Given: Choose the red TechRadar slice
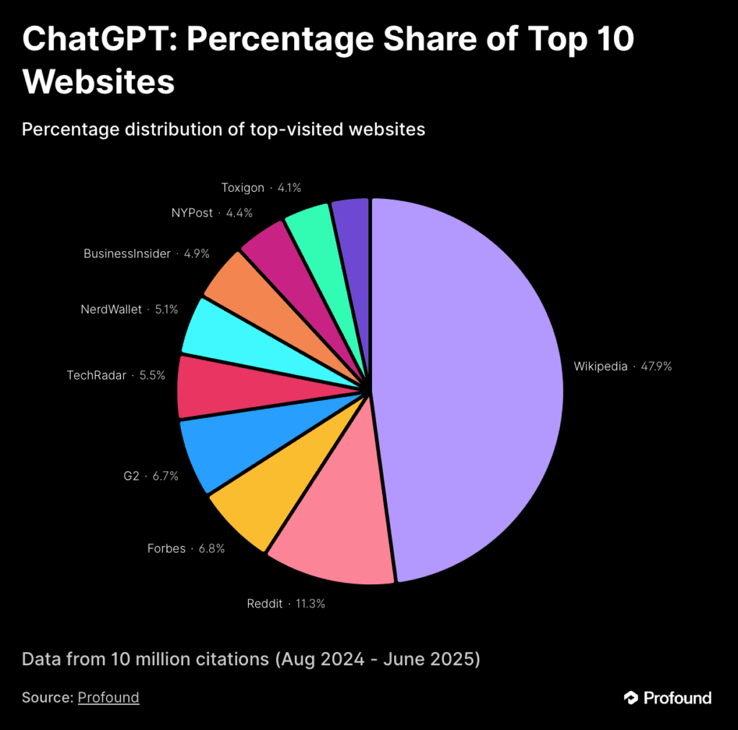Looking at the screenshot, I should coord(216,387).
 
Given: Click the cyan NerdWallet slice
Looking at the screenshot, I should coord(223,332).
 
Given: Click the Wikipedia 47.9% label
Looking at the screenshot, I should coord(623,366).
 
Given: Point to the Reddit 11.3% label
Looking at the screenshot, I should coord(285,604).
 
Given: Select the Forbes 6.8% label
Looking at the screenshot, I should coord(186,548).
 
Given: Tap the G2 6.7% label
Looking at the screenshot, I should coord(151,476).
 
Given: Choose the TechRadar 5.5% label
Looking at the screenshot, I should coord(116,375).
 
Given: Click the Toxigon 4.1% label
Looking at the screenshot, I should coord(261,188).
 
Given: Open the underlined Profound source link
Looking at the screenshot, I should coord(108,698).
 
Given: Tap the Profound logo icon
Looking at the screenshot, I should coord(631,698).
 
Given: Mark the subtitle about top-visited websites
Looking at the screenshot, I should coord(223,129).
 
